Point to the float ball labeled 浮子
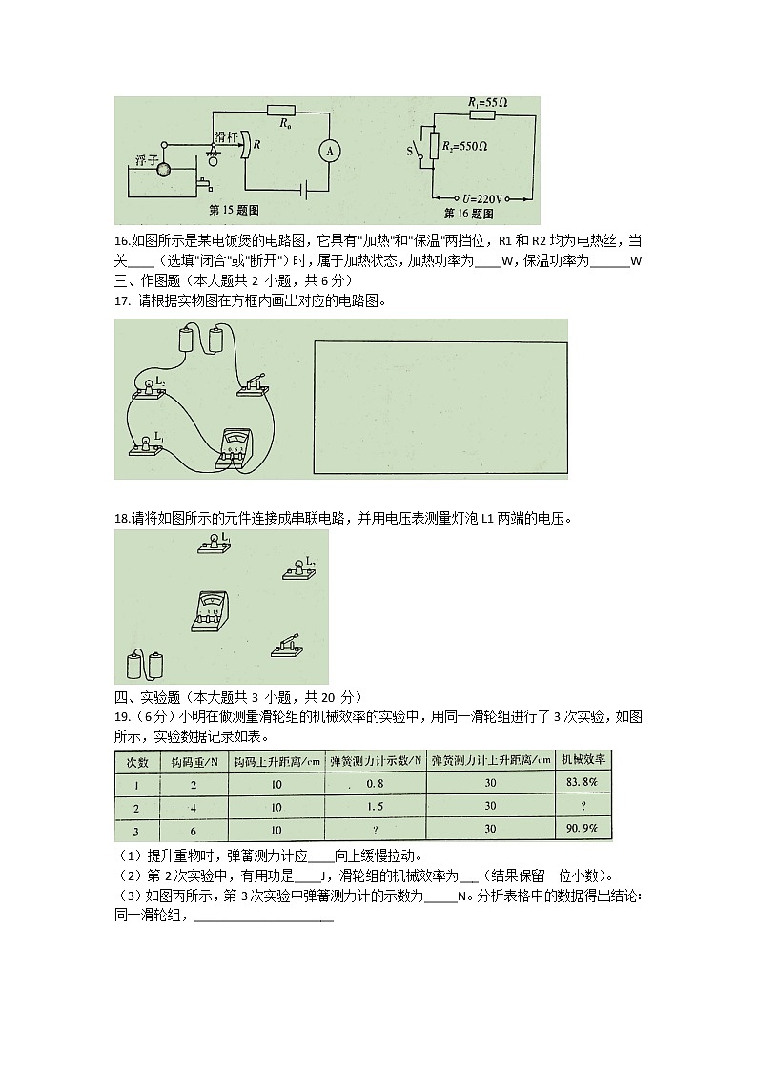tap(164, 170)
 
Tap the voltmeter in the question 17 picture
tap(235, 446)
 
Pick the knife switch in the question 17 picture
tap(253, 383)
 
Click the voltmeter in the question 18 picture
tap(209, 608)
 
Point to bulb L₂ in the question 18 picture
tap(299, 570)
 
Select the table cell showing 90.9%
tap(581, 830)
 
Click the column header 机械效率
tap(581, 760)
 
